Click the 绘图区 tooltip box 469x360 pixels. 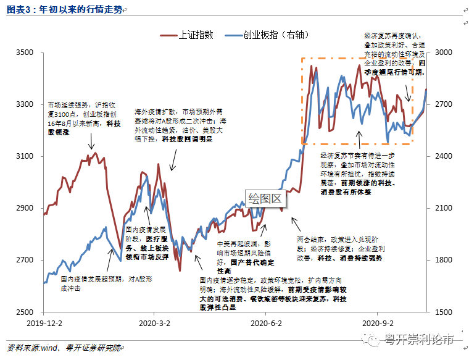coord(264,198)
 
